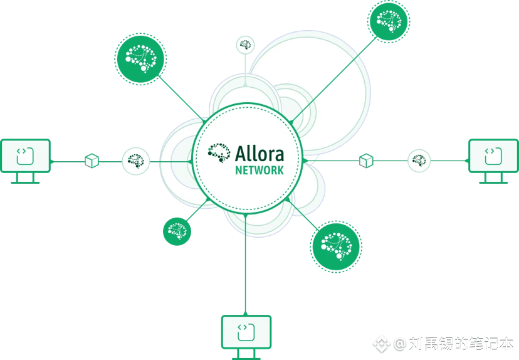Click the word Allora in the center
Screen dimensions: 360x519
(x=259, y=154)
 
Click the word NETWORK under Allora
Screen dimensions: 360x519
(x=259, y=170)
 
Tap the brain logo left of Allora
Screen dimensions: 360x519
(x=219, y=152)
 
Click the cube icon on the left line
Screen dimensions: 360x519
(x=92, y=161)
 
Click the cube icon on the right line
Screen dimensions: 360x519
(x=366, y=161)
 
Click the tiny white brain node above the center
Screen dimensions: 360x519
(x=245, y=45)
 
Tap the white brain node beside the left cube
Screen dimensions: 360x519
(x=135, y=161)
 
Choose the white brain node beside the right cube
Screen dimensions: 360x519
(x=419, y=161)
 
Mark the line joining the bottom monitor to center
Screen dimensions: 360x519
(x=246, y=263)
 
